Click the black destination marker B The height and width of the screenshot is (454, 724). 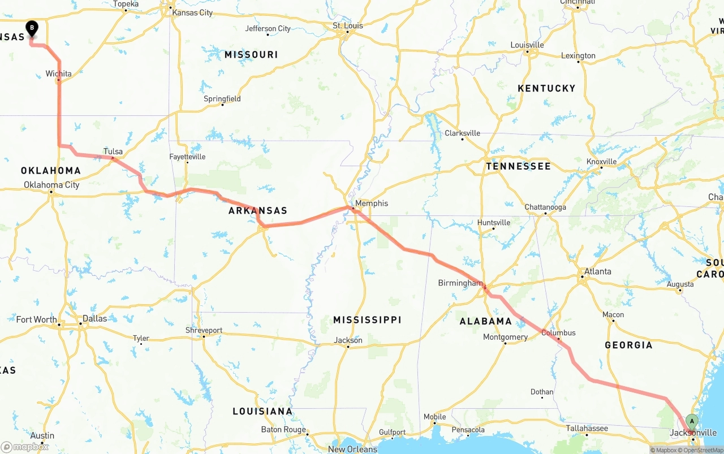[x=32, y=27]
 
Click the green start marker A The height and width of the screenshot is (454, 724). [x=691, y=422]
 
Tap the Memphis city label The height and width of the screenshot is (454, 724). [x=372, y=203]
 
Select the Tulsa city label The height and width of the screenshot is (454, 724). [x=113, y=152]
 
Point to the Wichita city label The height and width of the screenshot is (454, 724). [x=59, y=73]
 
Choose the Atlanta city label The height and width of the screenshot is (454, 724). [x=597, y=271]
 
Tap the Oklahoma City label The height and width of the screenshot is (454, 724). [x=51, y=185]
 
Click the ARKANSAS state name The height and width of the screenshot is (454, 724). [x=258, y=211]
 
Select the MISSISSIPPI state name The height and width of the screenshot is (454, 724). [x=367, y=320]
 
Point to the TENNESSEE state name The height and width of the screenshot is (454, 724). [x=518, y=166]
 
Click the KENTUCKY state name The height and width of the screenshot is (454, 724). [x=546, y=88]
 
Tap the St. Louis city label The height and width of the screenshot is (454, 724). [x=347, y=25]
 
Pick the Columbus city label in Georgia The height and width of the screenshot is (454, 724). [x=558, y=332]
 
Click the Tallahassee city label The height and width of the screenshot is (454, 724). [x=587, y=429]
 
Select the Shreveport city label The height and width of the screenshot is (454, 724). [x=204, y=330]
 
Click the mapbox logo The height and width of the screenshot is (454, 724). [x=25, y=447]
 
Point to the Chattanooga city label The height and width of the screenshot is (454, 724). [x=545, y=207]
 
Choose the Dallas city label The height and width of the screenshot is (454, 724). [x=94, y=318]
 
